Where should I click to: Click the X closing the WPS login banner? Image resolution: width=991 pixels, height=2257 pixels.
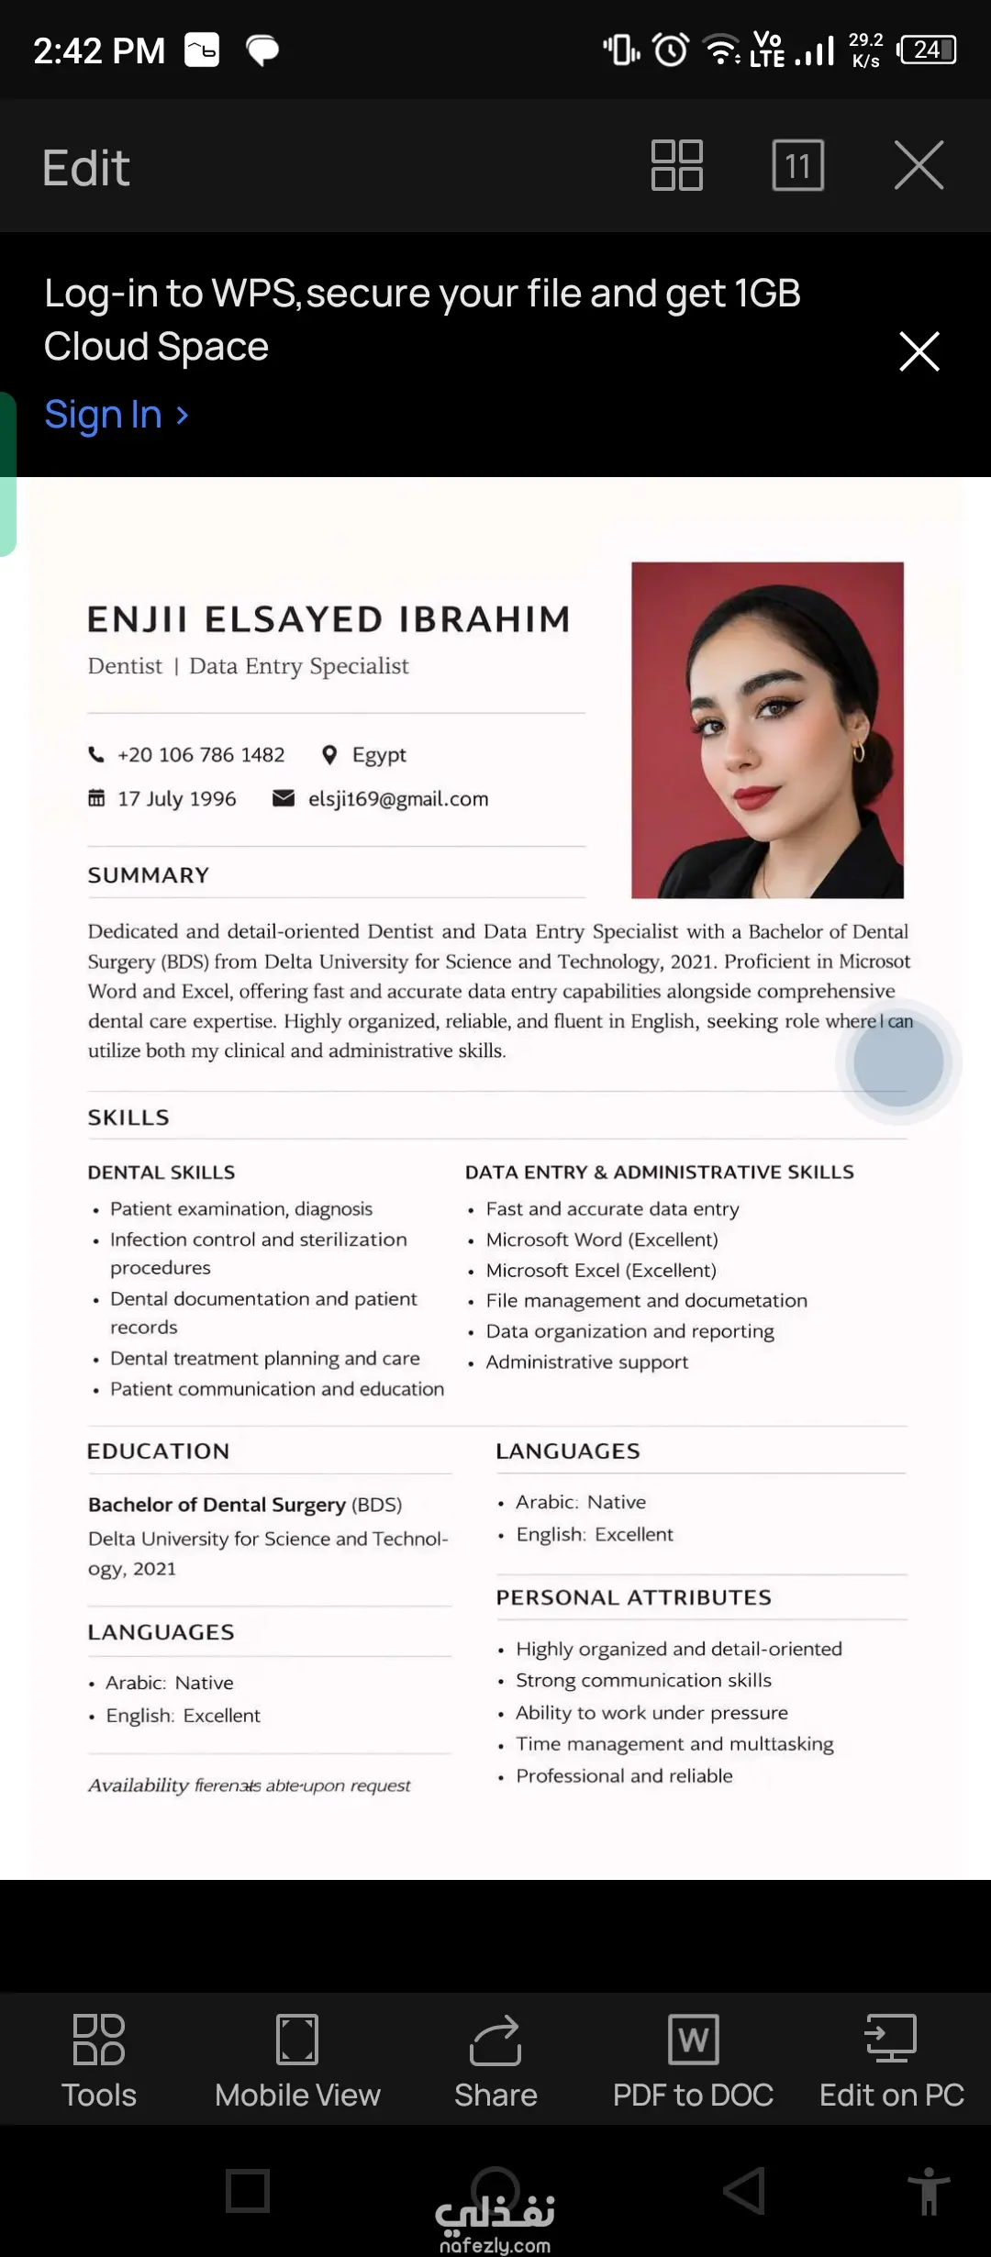[919, 351]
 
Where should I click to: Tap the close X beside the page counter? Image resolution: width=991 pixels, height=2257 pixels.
[919, 165]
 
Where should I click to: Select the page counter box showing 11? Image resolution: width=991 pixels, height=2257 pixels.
[797, 165]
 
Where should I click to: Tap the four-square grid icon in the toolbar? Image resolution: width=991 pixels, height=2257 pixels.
[676, 165]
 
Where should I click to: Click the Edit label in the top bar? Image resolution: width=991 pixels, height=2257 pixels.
[86, 168]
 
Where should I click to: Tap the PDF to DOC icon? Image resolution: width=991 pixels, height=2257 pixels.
[693, 2040]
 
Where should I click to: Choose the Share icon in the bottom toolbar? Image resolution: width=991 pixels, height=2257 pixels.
[495, 2040]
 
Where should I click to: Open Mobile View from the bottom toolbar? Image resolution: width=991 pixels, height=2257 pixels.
[297, 2040]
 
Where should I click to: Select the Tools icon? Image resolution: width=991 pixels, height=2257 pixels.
[98, 2040]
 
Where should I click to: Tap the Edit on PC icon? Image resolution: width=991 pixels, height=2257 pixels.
[891, 2040]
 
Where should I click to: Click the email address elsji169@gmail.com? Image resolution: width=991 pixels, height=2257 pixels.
[398, 799]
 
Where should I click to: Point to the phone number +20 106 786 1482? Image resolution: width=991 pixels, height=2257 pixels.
[201, 755]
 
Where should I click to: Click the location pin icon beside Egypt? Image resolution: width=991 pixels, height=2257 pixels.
[329, 755]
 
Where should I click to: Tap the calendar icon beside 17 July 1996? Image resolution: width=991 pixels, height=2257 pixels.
[96, 798]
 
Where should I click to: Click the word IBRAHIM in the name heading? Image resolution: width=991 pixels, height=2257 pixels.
[484, 620]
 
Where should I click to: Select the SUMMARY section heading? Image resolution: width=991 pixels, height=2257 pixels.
[149, 875]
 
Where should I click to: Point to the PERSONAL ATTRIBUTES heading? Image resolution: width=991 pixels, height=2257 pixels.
[633, 1597]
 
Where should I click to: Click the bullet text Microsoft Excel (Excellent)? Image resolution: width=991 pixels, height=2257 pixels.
[601, 1271]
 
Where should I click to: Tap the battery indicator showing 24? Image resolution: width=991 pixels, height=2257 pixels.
[928, 50]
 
